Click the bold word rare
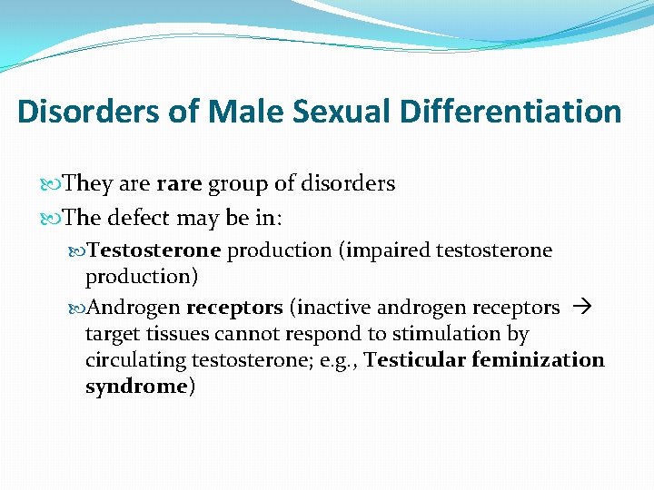(x=180, y=183)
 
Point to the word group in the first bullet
(x=237, y=184)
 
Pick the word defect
(x=139, y=219)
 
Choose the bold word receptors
(x=234, y=308)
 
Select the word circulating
(x=135, y=360)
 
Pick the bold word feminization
(x=538, y=359)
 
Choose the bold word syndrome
(x=135, y=387)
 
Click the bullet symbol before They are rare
(x=51, y=184)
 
